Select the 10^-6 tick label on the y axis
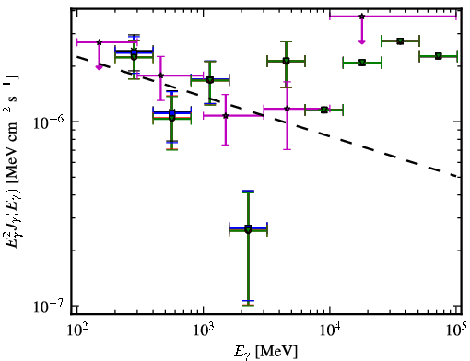(49, 122)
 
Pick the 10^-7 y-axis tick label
(49, 306)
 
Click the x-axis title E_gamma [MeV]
(265, 352)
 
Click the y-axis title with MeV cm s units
(12, 161)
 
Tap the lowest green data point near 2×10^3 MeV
(248, 230)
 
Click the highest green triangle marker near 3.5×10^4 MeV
(400, 41)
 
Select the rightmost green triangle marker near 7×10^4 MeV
(439, 56)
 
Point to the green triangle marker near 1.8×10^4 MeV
(362, 63)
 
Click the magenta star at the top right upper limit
(362, 17)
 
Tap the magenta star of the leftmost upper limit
(99, 42)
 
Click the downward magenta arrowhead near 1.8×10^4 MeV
(362, 41)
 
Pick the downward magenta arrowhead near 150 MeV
(99, 67)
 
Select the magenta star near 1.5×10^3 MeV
(226, 116)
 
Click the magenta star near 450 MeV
(160, 76)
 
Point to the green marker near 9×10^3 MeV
(324, 110)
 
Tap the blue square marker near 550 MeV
(172, 113)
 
